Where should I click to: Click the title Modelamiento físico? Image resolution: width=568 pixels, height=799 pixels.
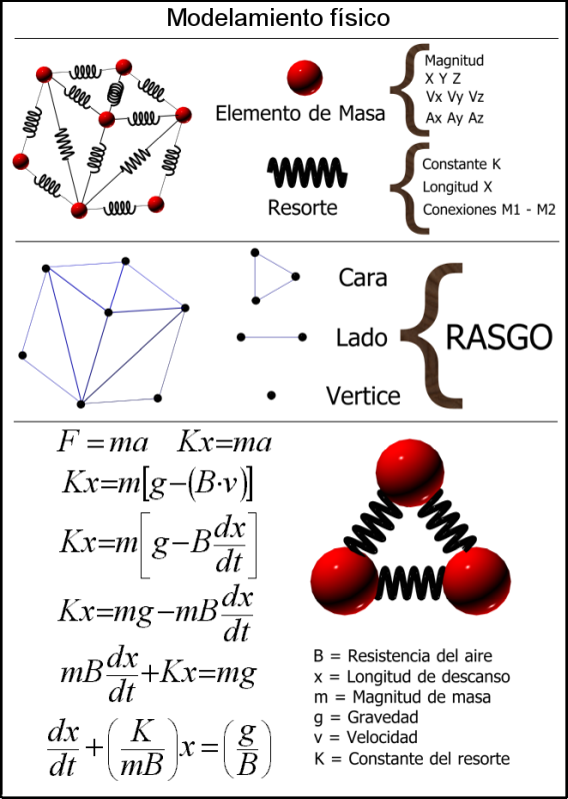click(x=278, y=18)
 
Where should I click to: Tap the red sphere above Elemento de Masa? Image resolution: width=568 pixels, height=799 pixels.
click(x=305, y=78)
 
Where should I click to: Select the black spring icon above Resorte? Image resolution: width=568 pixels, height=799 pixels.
click(x=308, y=172)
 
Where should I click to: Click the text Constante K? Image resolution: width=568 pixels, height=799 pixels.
click(x=461, y=164)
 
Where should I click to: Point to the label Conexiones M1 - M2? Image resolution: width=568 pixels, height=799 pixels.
click(x=489, y=210)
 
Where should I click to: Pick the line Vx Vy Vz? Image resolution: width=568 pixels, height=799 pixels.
click(x=455, y=97)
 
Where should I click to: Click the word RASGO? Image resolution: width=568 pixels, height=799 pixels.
click(x=499, y=337)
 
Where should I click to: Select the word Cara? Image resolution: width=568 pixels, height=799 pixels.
click(x=363, y=278)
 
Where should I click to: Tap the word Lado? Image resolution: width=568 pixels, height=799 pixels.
click(x=361, y=338)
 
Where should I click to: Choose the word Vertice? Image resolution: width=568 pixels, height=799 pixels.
click(x=363, y=396)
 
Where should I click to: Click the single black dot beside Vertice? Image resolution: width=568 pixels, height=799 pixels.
click(x=271, y=395)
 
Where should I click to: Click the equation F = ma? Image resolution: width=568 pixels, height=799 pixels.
click(x=103, y=442)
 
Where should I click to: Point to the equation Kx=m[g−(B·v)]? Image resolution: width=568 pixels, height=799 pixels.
click(x=158, y=483)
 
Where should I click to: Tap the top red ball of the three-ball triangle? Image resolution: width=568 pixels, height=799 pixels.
click(x=410, y=472)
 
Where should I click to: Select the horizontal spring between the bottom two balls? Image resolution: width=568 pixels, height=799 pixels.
click(x=410, y=581)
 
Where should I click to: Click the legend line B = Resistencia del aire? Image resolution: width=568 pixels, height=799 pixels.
click(x=403, y=655)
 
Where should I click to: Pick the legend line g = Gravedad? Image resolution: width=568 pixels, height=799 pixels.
click(x=366, y=717)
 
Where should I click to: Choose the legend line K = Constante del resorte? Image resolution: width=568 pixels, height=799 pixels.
click(x=412, y=759)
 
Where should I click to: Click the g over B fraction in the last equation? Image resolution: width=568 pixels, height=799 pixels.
click(x=248, y=748)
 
